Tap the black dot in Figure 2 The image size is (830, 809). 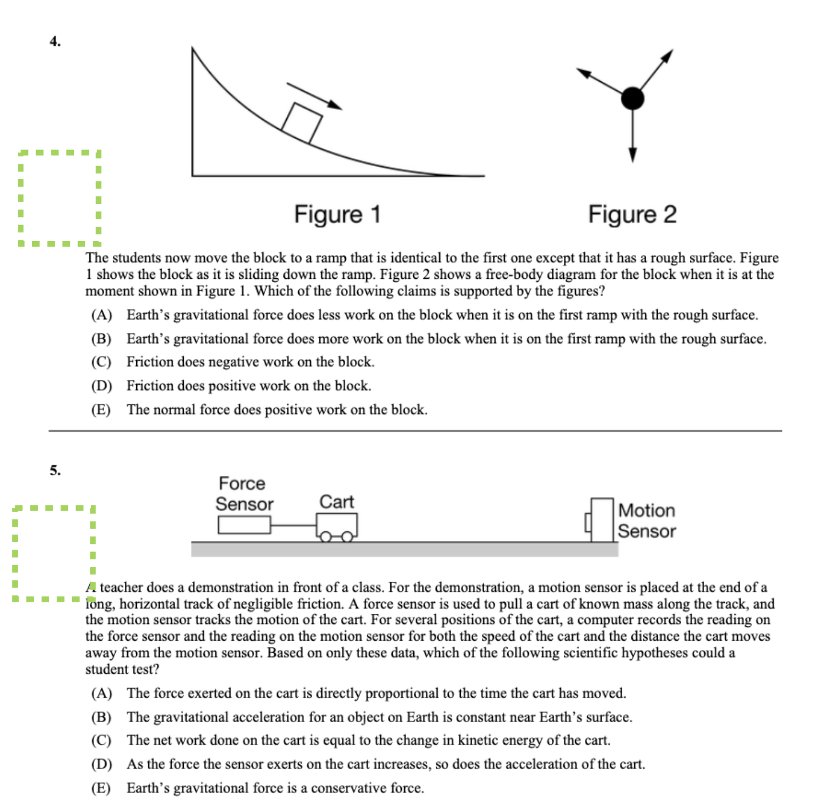pyautogui.click(x=632, y=98)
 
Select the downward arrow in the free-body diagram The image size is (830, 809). pyautogui.click(x=633, y=137)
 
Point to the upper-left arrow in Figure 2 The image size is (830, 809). pyautogui.click(x=598, y=80)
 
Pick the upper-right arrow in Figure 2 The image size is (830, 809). pyautogui.click(x=656, y=69)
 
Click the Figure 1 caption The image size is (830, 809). pyautogui.click(x=337, y=215)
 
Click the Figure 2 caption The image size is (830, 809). pyautogui.click(x=632, y=215)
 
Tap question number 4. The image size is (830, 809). pyautogui.click(x=55, y=41)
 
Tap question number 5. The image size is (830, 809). pyautogui.click(x=55, y=470)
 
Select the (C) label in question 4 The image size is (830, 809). pyautogui.click(x=101, y=362)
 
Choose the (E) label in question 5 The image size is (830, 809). pyautogui.click(x=101, y=788)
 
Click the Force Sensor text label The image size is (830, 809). pyautogui.click(x=244, y=494)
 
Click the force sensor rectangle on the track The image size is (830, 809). pyautogui.click(x=244, y=525)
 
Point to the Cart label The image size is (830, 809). pyautogui.click(x=337, y=502)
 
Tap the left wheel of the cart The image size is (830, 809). pyautogui.click(x=326, y=537)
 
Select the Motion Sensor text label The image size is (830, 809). pyautogui.click(x=647, y=520)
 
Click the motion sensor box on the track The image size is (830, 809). pyautogui.click(x=601, y=520)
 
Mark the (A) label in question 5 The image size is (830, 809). pyautogui.click(x=101, y=693)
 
